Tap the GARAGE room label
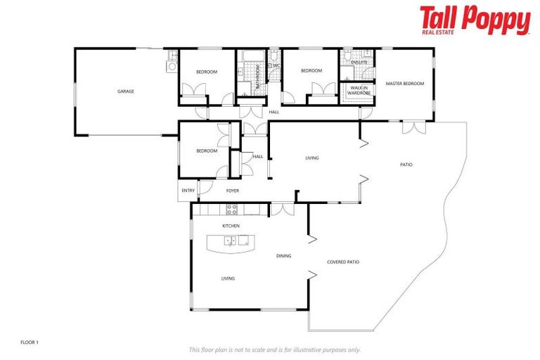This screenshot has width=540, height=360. (x=126, y=91)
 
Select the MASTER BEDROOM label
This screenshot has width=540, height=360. (x=405, y=84)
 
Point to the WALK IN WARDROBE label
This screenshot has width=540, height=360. (x=358, y=90)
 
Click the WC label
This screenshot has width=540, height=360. (x=276, y=66)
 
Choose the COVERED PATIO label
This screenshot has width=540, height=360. (x=343, y=262)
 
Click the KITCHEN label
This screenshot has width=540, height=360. (x=231, y=226)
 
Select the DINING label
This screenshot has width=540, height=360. (x=283, y=256)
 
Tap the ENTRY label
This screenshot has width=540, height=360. (x=188, y=191)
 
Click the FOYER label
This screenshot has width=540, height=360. (x=232, y=191)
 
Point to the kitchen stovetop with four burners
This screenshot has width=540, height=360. (x=231, y=209)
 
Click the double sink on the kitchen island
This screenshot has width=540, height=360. (x=231, y=242)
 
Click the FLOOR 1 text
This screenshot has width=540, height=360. (x=30, y=342)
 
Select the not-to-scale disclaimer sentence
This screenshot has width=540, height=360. (x=274, y=349)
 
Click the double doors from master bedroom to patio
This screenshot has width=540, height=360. (x=414, y=127)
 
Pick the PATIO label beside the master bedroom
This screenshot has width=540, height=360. (x=406, y=165)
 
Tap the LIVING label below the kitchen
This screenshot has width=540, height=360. (x=228, y=278)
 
